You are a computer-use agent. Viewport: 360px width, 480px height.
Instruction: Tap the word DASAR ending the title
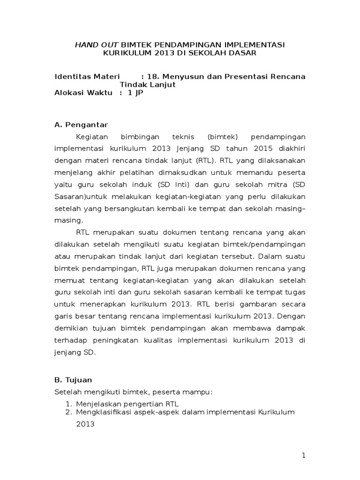point(241,53)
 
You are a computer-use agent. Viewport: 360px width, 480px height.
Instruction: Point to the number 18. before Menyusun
point(153,76)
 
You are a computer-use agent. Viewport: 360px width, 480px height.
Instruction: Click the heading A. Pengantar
point(81,125)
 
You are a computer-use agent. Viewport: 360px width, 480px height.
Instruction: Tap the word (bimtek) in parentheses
point(222,136)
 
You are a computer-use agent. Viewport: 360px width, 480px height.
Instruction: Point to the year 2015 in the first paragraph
point(249,149)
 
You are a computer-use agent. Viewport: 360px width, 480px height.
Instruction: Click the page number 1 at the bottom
point(304,455)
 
